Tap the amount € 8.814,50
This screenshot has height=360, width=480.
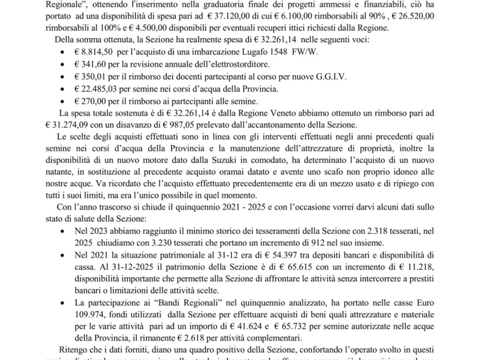click(x=91, y=51)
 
